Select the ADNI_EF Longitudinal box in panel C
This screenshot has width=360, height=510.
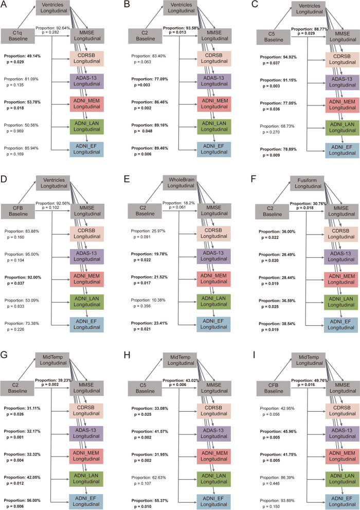[x=339, y=147]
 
